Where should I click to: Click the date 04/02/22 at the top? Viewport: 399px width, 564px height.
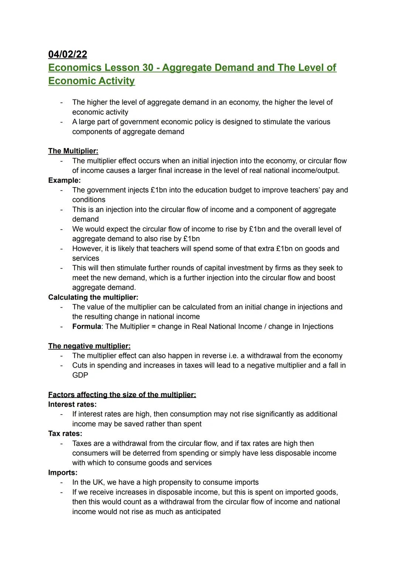click(x=68, y=54)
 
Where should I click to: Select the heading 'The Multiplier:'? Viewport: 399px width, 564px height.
click(x=73, y=151)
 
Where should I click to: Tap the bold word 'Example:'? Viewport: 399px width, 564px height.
click(x=64, y=180)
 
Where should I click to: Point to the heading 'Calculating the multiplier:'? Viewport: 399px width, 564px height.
click(x=93, y=297)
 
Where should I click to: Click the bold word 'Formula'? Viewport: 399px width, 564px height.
click(x=86, y=327)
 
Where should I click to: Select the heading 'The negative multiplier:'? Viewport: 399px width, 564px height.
click(x=89, y=346)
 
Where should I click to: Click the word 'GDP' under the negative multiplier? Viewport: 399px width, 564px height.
click(x=80, y=375)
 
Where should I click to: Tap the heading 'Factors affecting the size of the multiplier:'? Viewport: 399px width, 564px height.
click(x=122, y=395)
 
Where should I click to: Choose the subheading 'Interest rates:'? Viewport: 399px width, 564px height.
click(x=72, y=405)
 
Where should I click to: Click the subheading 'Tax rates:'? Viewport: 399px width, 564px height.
click(x=65, y=433)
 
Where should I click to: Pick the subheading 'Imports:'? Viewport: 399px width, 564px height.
click(x=63, y=473)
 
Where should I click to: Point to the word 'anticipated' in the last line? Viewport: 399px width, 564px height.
click(x=202, y=512)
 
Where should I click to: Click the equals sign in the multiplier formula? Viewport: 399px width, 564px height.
click(x=154, y=327)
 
